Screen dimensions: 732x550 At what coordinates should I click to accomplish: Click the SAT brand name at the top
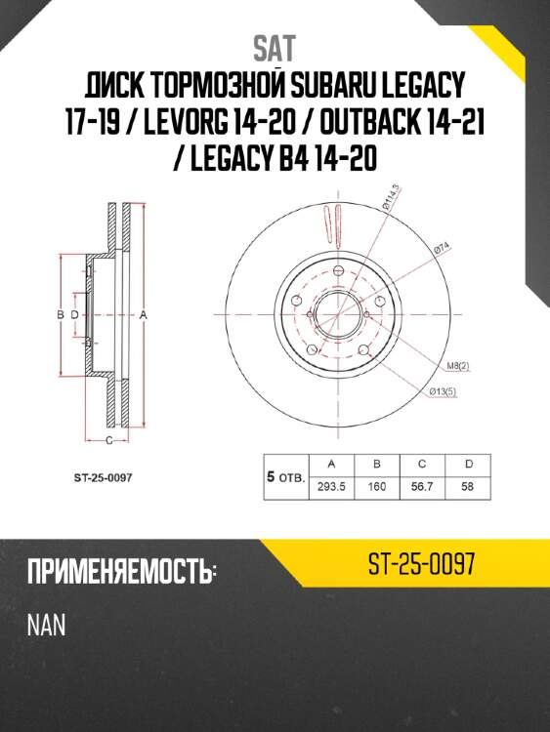pyautogui.click(x=274, y=47)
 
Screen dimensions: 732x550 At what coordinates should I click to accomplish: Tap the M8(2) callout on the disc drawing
pyautogui.click(x=458, y=366)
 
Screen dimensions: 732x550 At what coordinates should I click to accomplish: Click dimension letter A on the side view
pyautogui.click(x=143, y=315)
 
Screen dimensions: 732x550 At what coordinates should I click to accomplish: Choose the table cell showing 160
pyautogui.click(x=376, y=485)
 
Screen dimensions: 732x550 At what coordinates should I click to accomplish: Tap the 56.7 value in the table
pyautogui.click(x=422, y=485)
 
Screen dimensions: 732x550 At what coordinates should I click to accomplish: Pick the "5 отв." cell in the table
pyautogui.click(x=285, y=476)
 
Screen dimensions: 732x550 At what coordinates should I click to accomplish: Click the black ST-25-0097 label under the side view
pyautogui.click(x=103, y=477)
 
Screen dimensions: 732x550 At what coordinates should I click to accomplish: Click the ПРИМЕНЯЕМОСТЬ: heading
pyautogui.click(x=121, y=573)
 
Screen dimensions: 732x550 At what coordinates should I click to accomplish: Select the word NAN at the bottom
pyautogui.click(x=46, y=625)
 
